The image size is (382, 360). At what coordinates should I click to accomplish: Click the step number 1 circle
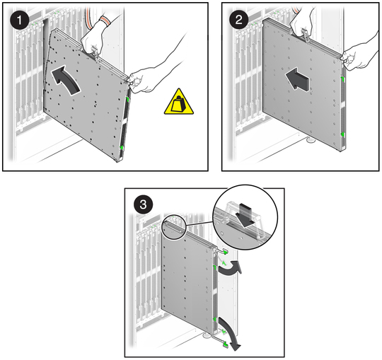(x=20, y=20)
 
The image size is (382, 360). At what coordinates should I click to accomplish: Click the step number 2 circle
(x=239, y=20)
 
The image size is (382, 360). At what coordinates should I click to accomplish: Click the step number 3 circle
(x=144, y=204)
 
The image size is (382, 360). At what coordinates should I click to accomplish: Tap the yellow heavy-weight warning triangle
(x=179, y=102)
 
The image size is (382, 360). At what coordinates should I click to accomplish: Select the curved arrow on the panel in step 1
(x=65, y=79)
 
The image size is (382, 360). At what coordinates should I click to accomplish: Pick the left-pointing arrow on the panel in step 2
(x=297, y=79)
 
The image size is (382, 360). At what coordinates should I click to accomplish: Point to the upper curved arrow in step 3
(x=230, y=268)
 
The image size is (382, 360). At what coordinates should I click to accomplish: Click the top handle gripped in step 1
(x=95, y=52)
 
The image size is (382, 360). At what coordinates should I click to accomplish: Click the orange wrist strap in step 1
(x=105, y=20)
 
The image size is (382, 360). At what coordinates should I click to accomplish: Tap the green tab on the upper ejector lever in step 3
(x=226, y=252)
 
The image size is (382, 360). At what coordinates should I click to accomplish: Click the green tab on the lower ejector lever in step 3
(x=226, y=344)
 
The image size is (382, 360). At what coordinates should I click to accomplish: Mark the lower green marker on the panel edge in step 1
(x=121, y=148)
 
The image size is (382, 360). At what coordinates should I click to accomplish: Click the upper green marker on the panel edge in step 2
(x=343, y=79)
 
